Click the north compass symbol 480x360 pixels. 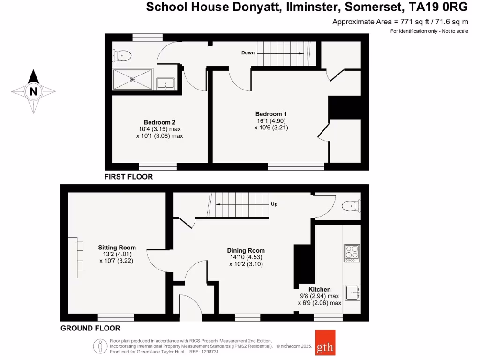pyautogui.click(x=33, y=91)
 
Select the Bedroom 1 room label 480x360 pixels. pyautogui.click(x=271, y=114)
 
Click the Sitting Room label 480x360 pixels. pyautogui.click(x=117, y=247)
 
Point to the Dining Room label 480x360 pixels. pyautogui.click(x=246, y=250)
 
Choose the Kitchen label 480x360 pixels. pyautogui.click(x=319, y=289)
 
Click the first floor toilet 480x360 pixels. pyautogui.click(x=122, y=55)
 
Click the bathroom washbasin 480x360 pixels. pyautogui.click(x=165, y=84)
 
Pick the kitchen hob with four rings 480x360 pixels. pyautogui.click(x=352, y=253)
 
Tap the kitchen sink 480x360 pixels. pyautogui.click(x=352, y=292)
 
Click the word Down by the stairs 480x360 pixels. pyautogui.click(x=248, y=52)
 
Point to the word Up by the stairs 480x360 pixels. pyautogui.click(x=275, y=204)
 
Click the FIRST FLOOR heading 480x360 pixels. pyautogui.click(x=129, y=177)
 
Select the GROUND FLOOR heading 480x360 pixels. pyautogui.click(x=90, y=328)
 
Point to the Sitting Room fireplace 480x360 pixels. pyautogui.click(x=76, y=254)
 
